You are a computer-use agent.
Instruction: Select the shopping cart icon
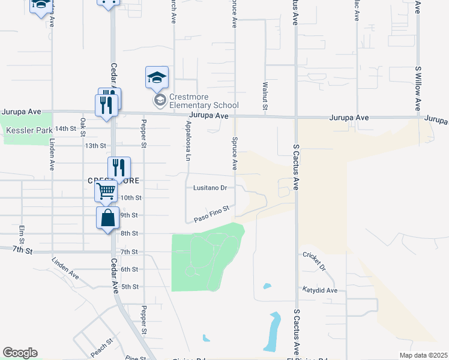[x=106, y=191]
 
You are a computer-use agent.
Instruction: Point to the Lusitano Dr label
[x=209, y=188]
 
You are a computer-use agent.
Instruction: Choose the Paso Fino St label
[x=212, y=214]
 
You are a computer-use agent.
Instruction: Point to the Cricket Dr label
[x=314, y=260]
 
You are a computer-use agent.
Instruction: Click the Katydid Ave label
[x=319, y=290]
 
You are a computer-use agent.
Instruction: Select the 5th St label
[x=130, y=287]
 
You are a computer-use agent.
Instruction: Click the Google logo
[x=20, y=353]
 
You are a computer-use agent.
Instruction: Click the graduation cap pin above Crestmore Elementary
[x=157, y=77]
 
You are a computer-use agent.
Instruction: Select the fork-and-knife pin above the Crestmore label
[x=119, y=168]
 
